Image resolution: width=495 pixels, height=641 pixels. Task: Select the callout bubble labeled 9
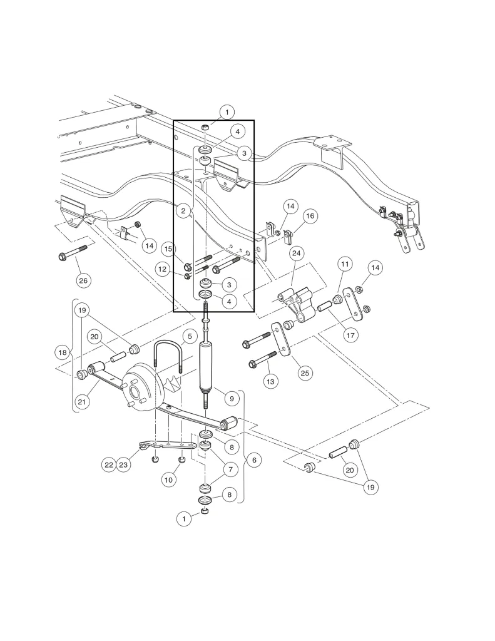(x=230, y=397)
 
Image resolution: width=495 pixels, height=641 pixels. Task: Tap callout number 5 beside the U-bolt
(x=188, y=337)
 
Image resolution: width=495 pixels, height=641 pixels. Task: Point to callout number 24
(x=296, y=254)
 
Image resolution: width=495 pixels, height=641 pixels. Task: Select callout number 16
(x=311, y=217)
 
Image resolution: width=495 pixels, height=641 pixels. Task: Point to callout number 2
(x=183, y=212)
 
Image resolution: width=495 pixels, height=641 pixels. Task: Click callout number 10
(x=168, y=479)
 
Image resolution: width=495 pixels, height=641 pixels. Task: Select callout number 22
(x=108, y=464)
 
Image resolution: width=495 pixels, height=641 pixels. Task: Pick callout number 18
(x=62, y=353)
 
